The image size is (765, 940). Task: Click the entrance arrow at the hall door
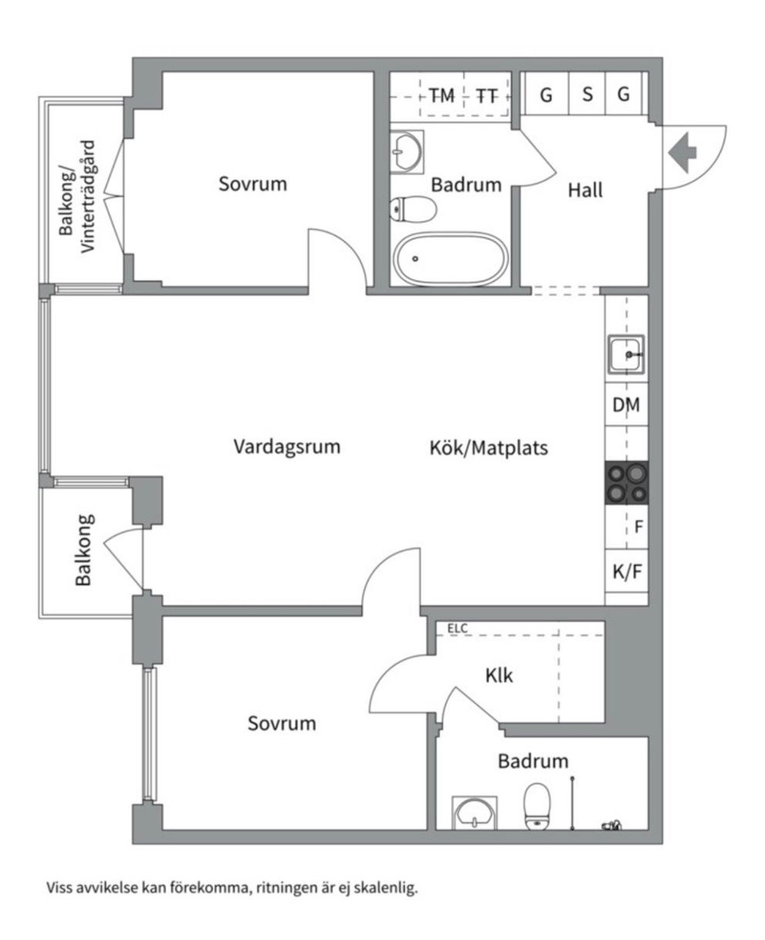[682, 153]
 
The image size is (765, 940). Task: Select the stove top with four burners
[627, 482]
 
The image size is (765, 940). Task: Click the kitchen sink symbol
[626, 354]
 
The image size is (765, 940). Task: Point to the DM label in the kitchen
[626, 405]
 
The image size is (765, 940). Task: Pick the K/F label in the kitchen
[627, 572]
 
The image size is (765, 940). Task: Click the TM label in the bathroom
[442, 96]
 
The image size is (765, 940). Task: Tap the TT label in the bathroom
[487, 96]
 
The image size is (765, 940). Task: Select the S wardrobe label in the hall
[588, 95]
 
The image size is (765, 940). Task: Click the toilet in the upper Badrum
[413, 209]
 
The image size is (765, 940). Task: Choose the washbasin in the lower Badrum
[474, 814]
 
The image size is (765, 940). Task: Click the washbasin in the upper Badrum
[407, 152]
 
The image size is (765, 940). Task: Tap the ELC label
[457, 629]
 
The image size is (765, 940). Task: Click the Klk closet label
[499, 676]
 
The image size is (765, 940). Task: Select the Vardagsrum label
[287, 447]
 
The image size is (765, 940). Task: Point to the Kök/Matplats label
[489, 448]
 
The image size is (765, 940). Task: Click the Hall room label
[585, 190]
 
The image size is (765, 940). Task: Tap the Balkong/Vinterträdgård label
[77, 196]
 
